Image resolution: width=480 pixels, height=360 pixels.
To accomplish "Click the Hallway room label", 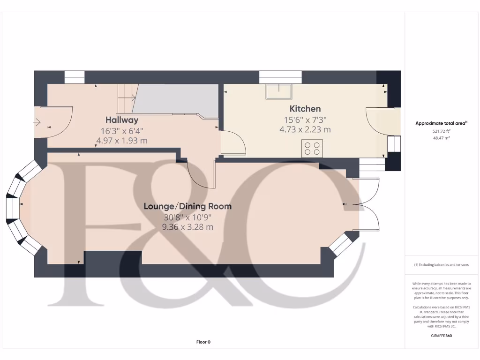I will (121, 120).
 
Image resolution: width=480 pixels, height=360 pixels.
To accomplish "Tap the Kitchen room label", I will (305, 109).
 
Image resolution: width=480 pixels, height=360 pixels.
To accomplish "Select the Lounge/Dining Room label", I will (187, 206).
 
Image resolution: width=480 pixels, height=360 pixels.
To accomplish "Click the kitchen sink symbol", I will (279, 91).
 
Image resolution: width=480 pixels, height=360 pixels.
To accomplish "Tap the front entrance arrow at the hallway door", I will (37, 122).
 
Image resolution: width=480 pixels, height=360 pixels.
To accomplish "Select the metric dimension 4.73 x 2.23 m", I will (305, 130).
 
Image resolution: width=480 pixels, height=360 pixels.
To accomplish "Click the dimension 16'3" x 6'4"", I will (121, 131).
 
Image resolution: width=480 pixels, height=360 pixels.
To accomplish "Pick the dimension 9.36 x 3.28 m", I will (187, 227).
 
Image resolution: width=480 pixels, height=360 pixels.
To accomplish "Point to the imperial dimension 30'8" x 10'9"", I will (187, 217).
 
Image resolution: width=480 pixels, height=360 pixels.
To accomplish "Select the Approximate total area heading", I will (441, 124).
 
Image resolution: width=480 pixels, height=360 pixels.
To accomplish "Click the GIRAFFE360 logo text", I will (441, 336).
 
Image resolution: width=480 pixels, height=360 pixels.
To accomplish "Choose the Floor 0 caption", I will (203, 342).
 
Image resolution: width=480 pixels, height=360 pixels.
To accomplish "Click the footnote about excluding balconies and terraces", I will (441, 265).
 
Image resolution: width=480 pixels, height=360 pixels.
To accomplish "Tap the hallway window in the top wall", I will (74, 77).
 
